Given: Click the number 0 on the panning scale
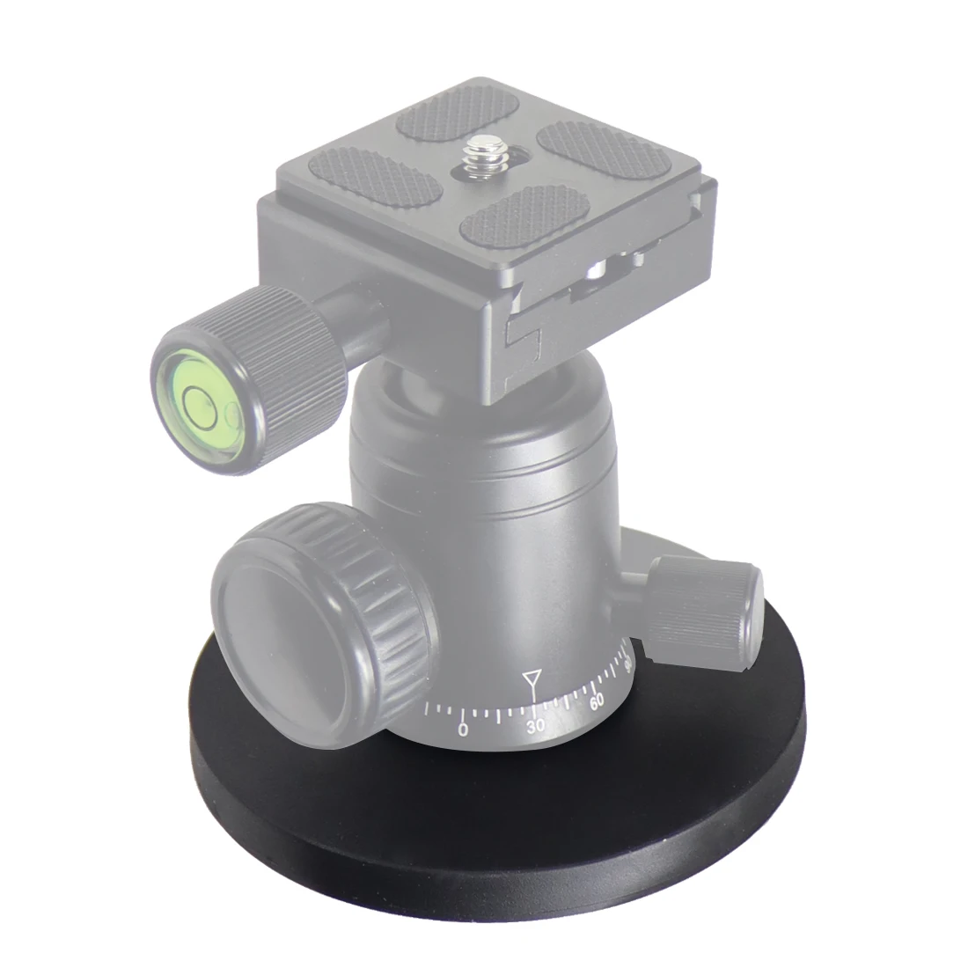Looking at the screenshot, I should pos(463,730).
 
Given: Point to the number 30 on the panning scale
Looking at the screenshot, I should pos(535,724).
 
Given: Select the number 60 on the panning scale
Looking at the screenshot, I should pos(597,701).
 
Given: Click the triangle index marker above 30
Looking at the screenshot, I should pos(531,679).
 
